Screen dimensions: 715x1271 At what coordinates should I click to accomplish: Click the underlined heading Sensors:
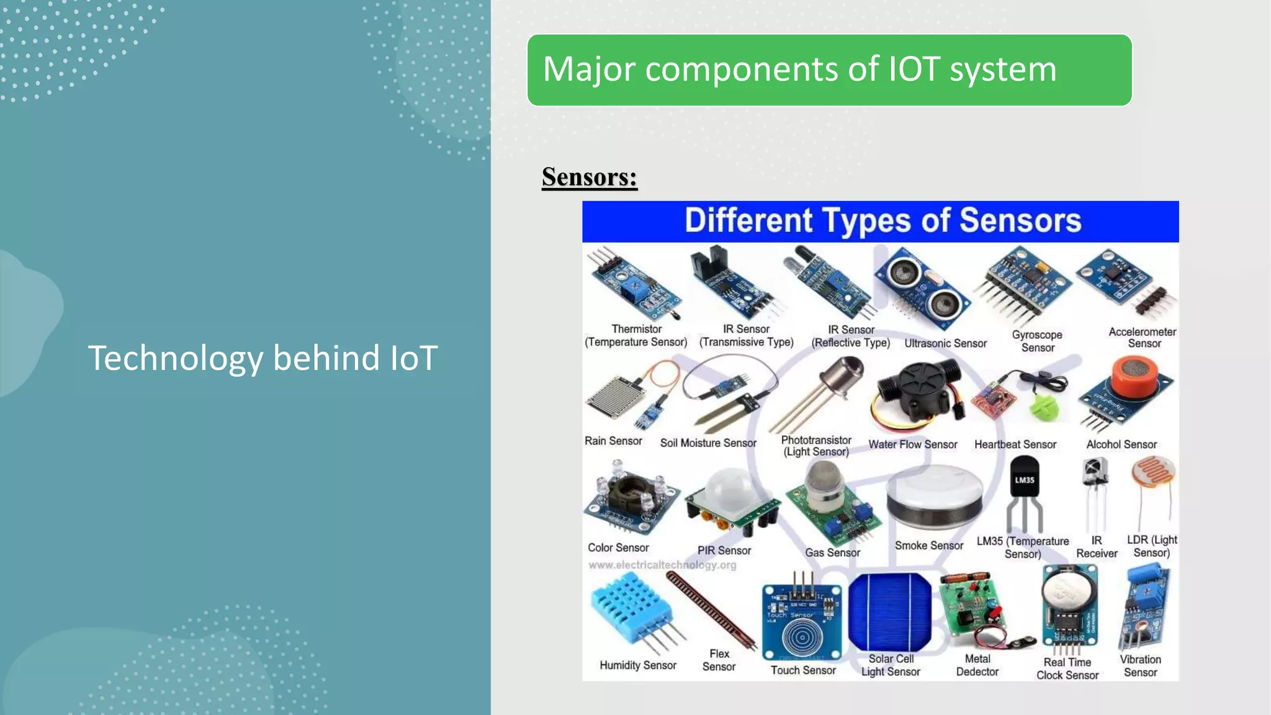pos(589,178)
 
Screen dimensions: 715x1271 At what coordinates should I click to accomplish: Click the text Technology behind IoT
pos(263,358)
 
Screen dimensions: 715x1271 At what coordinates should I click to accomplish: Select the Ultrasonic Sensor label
pos(945,343)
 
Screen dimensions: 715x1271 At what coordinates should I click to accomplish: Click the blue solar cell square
pos(889,611)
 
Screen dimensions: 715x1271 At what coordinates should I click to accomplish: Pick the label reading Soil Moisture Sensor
pos(708,443)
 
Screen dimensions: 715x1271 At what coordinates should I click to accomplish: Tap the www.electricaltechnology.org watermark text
pos(662,565)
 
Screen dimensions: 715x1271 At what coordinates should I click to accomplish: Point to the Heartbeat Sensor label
pos(1015,444)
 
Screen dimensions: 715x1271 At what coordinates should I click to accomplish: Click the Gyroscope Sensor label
pos(1037,341)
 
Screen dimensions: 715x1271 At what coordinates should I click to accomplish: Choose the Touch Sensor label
pos(803,670)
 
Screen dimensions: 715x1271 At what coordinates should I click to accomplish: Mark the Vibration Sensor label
pos(1140,665)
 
